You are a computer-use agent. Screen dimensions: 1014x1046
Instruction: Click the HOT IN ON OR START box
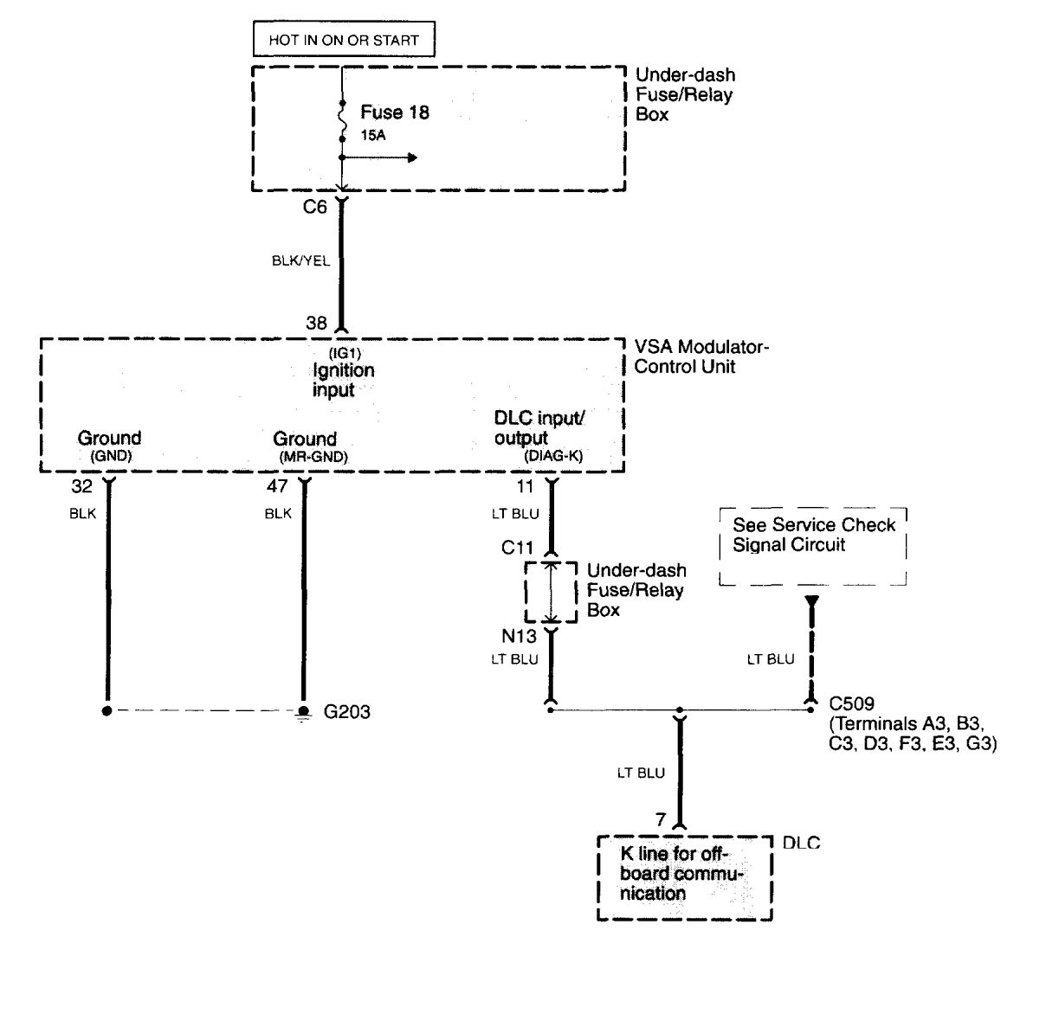(344, 40)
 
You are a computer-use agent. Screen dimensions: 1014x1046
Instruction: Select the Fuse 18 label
(395, 112)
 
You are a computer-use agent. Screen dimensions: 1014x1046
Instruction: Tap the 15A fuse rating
(373, 136)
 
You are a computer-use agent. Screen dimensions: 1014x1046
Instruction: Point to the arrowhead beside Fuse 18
(413, 157)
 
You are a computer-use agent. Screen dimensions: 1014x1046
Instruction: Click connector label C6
(315, 207)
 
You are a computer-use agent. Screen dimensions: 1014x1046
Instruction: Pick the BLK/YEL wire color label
(300, 260)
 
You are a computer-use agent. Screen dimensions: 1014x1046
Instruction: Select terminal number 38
(317, 323)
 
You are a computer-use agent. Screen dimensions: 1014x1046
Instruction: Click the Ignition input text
(343, 380)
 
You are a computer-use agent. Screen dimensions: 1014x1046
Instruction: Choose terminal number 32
(81, 487)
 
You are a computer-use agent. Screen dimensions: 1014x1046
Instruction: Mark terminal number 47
(277, 487)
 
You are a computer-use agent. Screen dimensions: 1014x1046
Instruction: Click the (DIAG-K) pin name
(552, 456)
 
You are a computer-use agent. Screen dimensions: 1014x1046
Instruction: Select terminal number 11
(526, 487)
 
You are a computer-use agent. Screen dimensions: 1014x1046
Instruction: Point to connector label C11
(518, 549)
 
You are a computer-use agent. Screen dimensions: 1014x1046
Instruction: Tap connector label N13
(519, 636)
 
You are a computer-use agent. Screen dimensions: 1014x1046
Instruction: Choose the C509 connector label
(851, 703)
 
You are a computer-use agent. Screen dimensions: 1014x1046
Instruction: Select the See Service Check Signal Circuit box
(813, 546)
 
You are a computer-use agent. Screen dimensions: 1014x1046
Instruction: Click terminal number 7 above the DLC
(661, 819)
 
